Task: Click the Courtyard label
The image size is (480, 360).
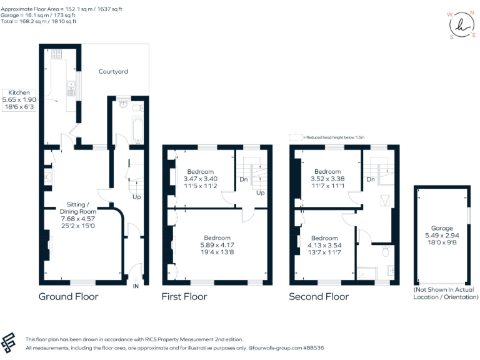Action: [113, 71]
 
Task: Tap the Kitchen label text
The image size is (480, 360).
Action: [19, 92]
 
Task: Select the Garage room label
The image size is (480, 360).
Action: [441, 228]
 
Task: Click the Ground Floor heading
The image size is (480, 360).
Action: [68, 296]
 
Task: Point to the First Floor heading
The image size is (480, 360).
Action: [184, 296]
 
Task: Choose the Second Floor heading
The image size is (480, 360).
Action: [319, 296]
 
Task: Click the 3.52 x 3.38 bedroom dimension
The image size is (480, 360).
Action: [327, 179]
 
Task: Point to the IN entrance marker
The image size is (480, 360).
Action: [135, 286]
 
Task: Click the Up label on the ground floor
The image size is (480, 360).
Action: [136, 197]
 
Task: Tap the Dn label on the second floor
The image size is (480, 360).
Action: [370, 179]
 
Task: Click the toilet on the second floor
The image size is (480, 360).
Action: [386, 250]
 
